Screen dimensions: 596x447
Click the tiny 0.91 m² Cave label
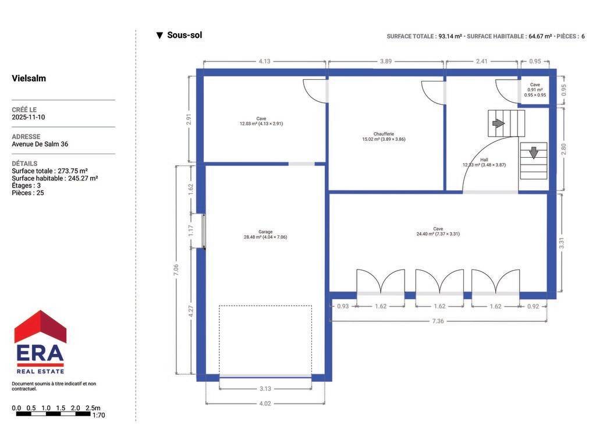point(535,90)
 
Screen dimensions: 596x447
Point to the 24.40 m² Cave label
point(438,232)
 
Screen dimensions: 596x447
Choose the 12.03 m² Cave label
point(261,121)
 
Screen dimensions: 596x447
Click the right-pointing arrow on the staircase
point(498,123)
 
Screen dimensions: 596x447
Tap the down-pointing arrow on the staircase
point(534,152)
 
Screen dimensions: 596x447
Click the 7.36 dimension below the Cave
point(438,321)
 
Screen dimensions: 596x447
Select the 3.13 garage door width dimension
point(265,389)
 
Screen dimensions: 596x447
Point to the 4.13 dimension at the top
point(265,61)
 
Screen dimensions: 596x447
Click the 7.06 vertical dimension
point(176,270)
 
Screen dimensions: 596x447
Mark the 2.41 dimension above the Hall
point(481,61)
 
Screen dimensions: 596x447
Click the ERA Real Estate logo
point(40,342)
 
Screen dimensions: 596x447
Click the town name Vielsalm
point(29,79)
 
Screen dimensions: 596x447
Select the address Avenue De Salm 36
point(40,144)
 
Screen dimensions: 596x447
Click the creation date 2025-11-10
point(28,117)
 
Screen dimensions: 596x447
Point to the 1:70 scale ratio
point(98,415)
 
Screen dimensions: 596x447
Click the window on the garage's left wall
point(204,231)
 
